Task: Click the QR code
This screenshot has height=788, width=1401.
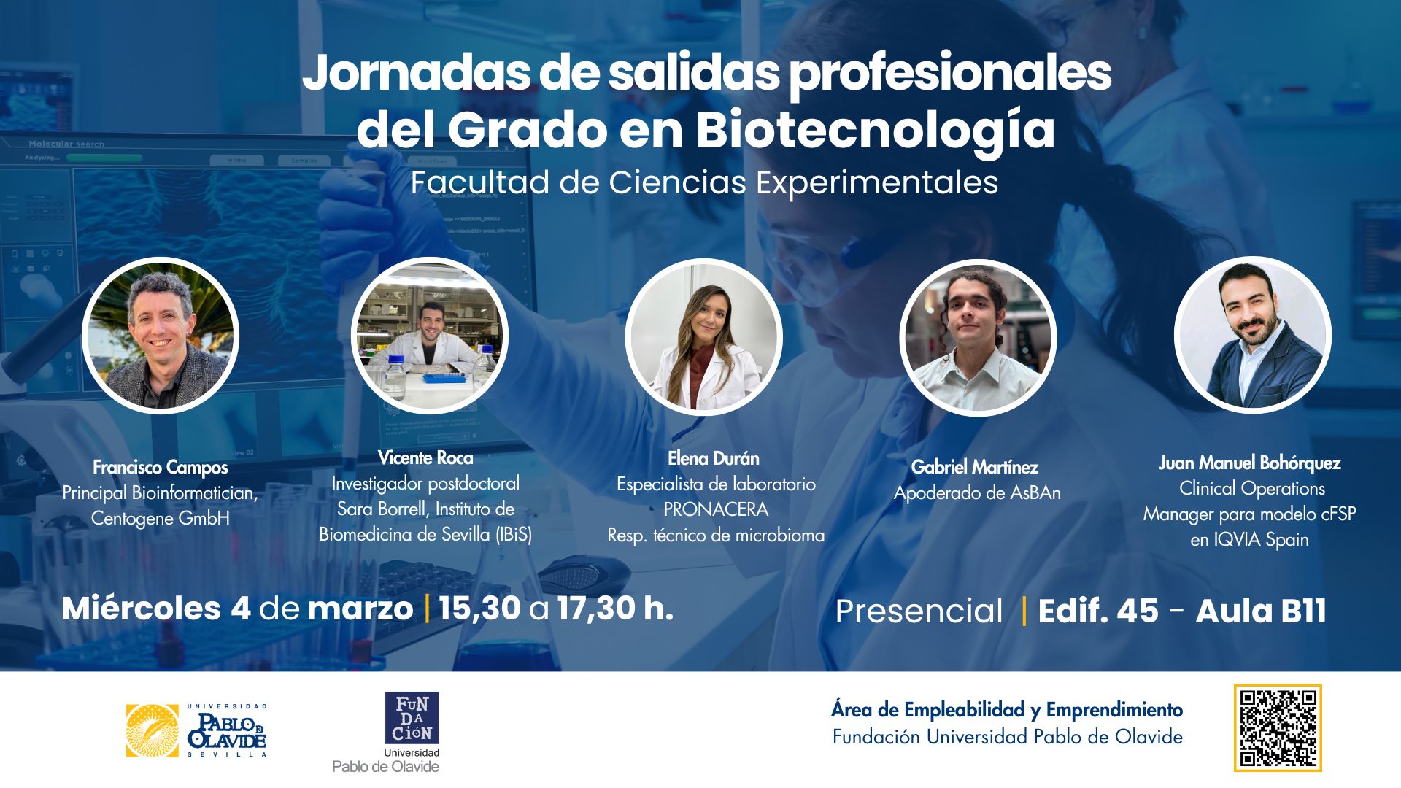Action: (1278, 727)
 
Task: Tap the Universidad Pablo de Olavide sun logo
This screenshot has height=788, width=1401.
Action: (152, 730)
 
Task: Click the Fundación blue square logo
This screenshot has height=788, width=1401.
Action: (412, 718)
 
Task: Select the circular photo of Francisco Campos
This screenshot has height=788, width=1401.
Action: (161, 336)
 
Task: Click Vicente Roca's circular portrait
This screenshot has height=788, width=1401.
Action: (429, 335)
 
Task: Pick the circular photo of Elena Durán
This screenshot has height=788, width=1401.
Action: (704, 338)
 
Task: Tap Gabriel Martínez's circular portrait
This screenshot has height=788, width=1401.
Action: (978, 338)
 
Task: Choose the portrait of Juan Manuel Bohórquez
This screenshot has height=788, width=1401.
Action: (1252, 335)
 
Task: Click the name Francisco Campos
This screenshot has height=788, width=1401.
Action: (161, 467)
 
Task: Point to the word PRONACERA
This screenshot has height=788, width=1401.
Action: (716, 509)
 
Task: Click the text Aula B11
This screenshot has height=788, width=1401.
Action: (1261, 611)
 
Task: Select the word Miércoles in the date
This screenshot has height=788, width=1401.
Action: (141, 609)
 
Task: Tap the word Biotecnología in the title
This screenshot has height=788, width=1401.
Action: (875, 130)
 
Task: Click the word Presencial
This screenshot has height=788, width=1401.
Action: (919, 611)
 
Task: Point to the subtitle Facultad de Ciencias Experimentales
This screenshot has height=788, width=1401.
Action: (704, 182)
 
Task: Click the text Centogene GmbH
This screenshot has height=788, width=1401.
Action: (161, 518)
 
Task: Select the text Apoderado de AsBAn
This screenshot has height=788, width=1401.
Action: (977, 493)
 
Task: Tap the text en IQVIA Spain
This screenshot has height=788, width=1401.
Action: (1249, 540)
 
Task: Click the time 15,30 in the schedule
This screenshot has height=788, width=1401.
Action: (479, 609)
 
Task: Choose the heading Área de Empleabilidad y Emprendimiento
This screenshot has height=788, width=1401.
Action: (1007, 710)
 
